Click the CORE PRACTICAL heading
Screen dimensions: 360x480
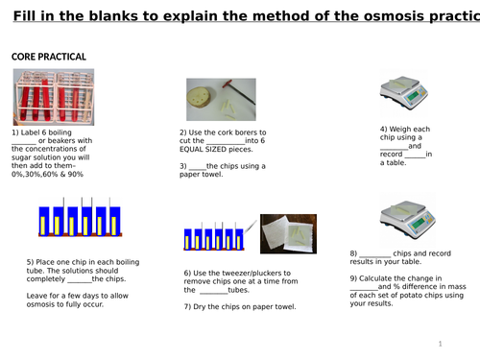(48, 57)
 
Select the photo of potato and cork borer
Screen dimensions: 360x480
(221, 99)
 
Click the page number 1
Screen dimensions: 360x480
(439, 343)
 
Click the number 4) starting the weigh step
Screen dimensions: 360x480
(383, 129)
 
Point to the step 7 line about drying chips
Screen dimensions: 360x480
(239, 306)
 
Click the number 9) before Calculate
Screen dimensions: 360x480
(353, 278)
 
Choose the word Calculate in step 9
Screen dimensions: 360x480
(378, 278)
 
